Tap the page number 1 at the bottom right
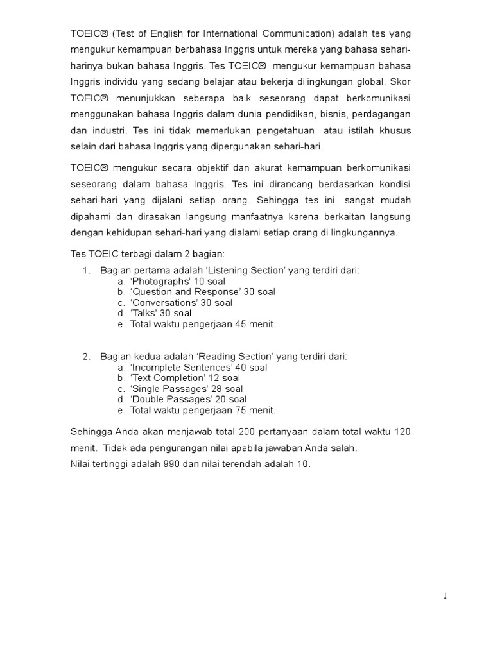[x=445, y=595]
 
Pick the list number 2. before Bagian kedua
[x=86, y=357]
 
